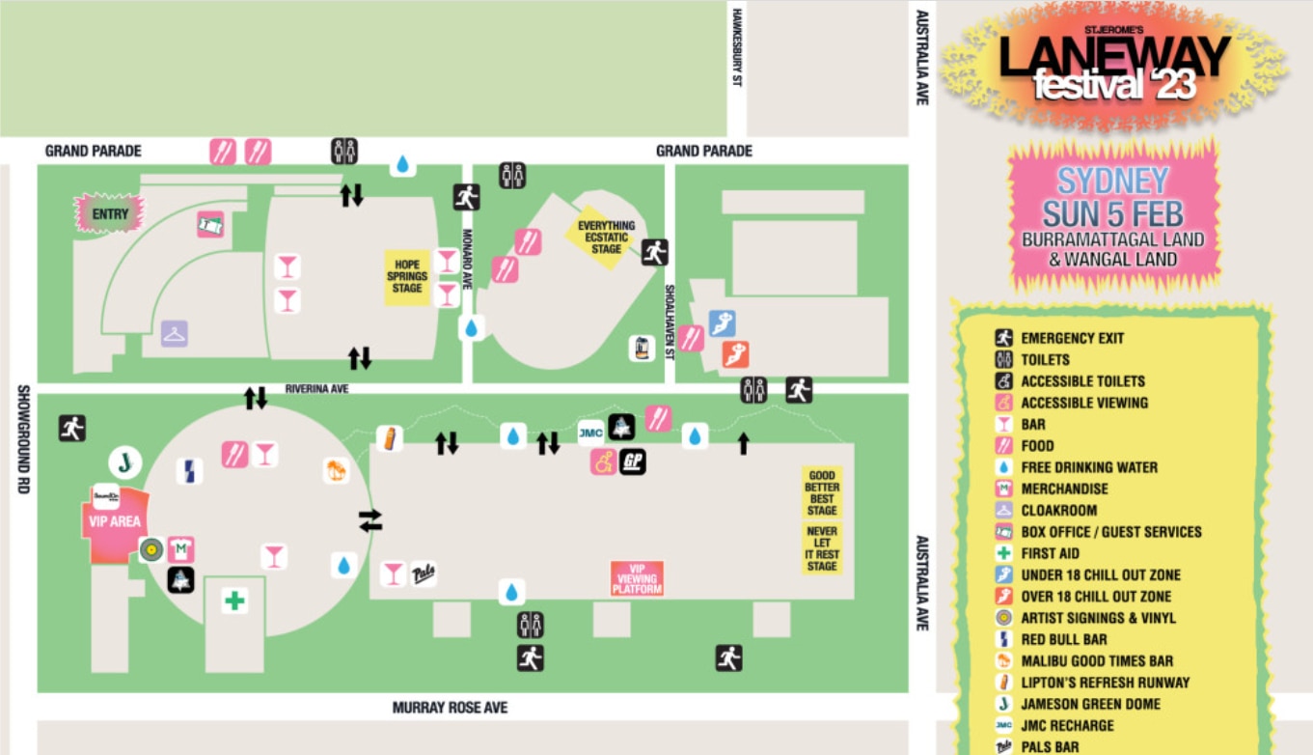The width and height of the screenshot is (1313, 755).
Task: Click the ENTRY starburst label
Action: click(110, 213)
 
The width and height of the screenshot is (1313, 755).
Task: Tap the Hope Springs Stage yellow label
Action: click(407, 277)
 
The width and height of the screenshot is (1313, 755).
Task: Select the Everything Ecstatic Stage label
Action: click(606, 238)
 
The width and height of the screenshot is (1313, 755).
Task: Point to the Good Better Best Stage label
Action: click(822, 492)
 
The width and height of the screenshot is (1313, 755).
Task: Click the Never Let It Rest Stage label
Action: click(822, 548)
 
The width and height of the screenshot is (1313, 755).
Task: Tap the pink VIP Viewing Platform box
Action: click(637, 577)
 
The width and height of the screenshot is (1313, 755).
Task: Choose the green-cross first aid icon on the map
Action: click(234, 601)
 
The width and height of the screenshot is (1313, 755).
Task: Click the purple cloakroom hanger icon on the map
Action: click(175, 334)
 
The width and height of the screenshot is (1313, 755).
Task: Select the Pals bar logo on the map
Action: click(424, 573)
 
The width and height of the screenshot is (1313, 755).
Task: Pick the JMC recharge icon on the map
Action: click(590, 433)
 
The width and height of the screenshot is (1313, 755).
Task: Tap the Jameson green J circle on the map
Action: click(124, 462)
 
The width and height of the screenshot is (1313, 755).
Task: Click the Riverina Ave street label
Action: click(316, 389)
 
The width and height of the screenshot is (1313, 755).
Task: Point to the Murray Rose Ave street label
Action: click(450, 708)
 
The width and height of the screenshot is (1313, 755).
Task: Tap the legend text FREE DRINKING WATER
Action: click(1089, 467)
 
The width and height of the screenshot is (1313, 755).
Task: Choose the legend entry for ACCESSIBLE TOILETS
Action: click(1082, 381)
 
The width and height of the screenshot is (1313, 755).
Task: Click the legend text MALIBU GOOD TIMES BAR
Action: click(1097, 661)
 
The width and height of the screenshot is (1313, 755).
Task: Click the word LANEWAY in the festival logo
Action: click(1114, 56)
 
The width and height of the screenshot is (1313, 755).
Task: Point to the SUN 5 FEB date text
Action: click(1112, 213)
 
